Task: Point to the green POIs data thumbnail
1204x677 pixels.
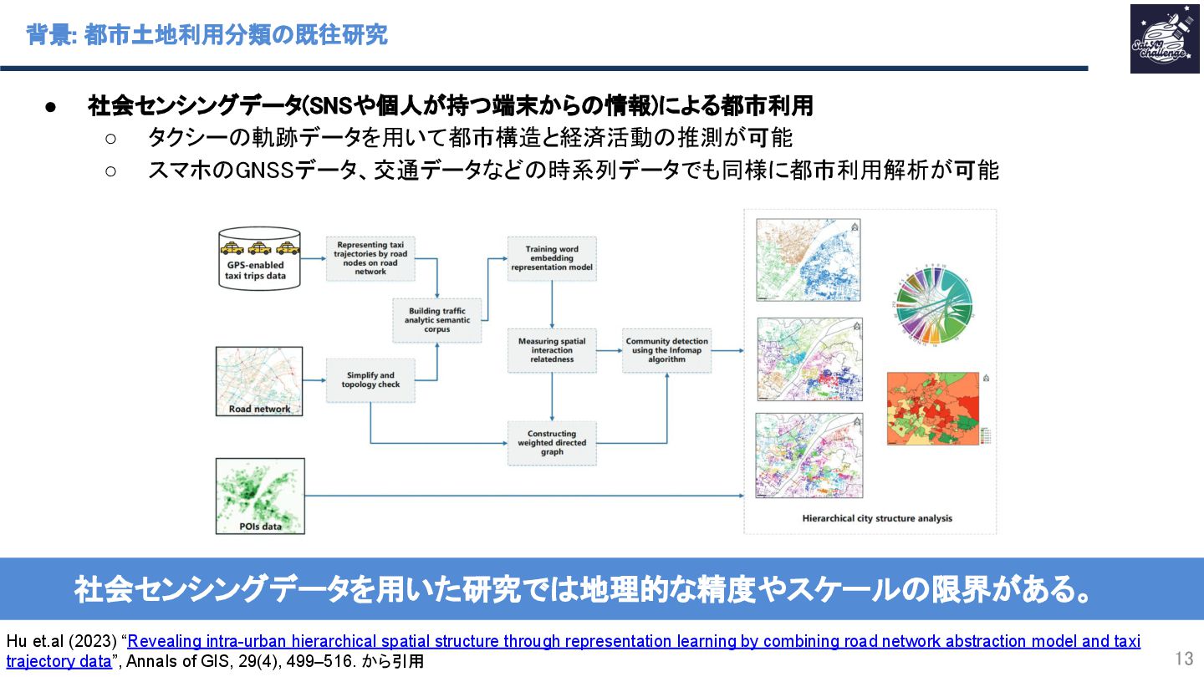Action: (x=260, y=496)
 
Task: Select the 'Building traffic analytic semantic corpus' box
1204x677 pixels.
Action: (x=437, y=320)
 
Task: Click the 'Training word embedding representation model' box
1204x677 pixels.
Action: (x=552, y=258)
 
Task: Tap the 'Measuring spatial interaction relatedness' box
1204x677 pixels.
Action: (x=552, y=350)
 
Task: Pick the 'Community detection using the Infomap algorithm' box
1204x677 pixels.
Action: (x=667, y=350)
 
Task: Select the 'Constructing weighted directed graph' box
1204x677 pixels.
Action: (x=552, y=443)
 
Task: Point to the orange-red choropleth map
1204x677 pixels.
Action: (x=932, y=409)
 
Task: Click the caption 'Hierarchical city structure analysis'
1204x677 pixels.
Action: (x=877, y=518)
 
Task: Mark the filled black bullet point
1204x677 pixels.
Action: (x=50, y=107)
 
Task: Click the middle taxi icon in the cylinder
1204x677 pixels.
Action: (x=259, y=247)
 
